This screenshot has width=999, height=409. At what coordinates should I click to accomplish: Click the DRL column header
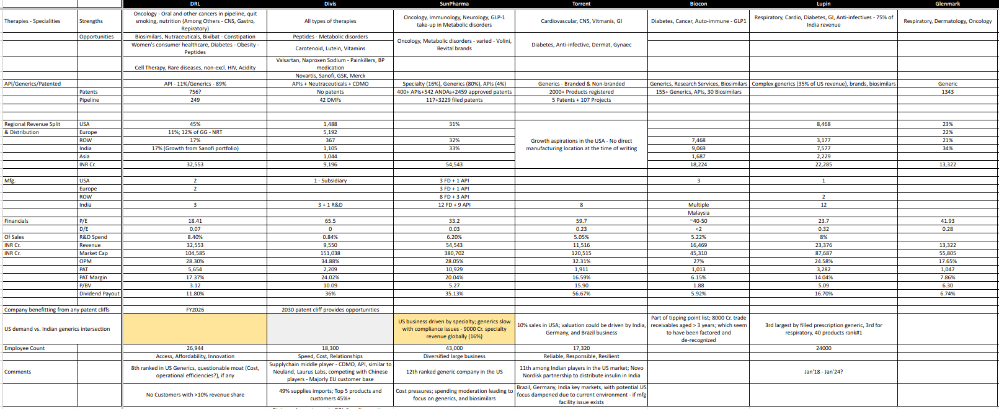click(x=195, y=4)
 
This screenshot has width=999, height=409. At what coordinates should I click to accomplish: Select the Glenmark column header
click(x=947, y=4)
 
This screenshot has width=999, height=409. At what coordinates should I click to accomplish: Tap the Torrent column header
click(x=581, y=4)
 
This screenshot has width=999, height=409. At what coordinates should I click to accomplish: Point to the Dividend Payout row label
click(x=99, y=294)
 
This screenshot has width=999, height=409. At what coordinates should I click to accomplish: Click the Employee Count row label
click(x=25, y=348)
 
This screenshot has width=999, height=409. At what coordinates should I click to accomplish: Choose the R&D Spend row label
click(x=93, y=237)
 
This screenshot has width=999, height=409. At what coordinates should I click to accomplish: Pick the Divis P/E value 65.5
click(x=330, y=221)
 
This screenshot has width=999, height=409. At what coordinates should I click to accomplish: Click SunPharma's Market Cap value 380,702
click(x=454, y=253)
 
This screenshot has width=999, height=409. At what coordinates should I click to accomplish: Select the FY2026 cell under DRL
click(x=195, y=310)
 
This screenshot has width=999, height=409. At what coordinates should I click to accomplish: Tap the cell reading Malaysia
click(x=698, y=213)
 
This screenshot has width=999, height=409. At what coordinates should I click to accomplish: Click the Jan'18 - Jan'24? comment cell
click(x=823, y=372)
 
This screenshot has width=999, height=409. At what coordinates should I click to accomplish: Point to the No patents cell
click(x=330, y=92)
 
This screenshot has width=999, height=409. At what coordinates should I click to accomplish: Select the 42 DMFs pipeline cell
click(x=330, y=100)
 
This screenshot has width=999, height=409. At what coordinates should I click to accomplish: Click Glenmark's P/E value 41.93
click(x=947, y=221)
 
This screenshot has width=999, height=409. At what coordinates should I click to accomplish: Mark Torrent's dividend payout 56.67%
click(x=581, y=294)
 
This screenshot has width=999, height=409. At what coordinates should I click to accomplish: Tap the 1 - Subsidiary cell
click(x=330, y=181)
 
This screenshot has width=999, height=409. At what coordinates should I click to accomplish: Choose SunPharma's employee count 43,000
click(x=454, y=348)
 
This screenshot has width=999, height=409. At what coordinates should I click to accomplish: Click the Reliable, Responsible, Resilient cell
click(x=581, y=356)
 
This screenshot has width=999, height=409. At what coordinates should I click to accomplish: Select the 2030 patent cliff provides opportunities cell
click(x=330, y=310)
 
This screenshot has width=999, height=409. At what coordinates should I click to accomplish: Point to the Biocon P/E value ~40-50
click(x=698, y=221)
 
